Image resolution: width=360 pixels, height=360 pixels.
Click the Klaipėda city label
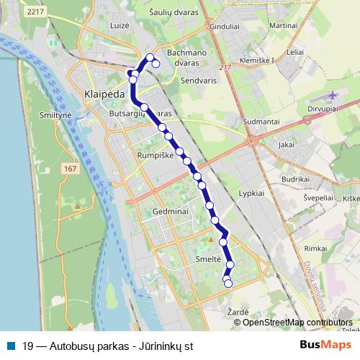[104, 94]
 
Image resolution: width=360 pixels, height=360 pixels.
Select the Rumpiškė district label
[155, 155]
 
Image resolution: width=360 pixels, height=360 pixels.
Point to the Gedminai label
[171, 212]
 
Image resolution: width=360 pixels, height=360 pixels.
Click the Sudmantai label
[261, 122]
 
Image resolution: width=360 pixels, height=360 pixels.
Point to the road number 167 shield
[70, 168]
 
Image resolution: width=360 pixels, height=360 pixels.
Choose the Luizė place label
[120, 25]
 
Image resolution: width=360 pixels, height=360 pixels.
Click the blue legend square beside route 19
[12, 346]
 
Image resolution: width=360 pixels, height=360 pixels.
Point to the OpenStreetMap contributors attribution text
[297, 323]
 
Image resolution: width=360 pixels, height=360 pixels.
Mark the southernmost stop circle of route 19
[228, 284]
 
